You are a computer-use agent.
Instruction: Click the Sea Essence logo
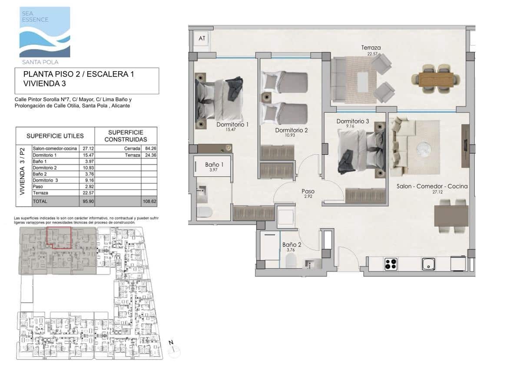[44, 33]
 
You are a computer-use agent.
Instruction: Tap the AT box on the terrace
[202, 39]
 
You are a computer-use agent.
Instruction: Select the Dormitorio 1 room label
[232, 125]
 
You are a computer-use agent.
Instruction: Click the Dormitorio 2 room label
[291, 130]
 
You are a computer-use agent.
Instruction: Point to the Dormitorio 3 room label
[352, 122]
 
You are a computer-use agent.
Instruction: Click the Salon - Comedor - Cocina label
[432, 186]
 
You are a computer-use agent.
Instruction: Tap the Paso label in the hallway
[308, 191]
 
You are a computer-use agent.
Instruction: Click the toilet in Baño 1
[204, 212]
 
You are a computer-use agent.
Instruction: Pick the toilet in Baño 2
[291, 260]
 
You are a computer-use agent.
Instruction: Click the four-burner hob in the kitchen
[391, 263]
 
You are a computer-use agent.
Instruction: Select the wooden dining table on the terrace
[436, 79]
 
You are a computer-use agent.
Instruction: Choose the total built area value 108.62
[149, 202]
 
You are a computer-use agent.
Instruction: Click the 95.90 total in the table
[88, 202]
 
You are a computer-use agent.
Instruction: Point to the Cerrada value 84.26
[149, 148]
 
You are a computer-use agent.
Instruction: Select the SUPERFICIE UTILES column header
[55, 136]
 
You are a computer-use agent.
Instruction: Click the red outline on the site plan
[59, 237]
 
